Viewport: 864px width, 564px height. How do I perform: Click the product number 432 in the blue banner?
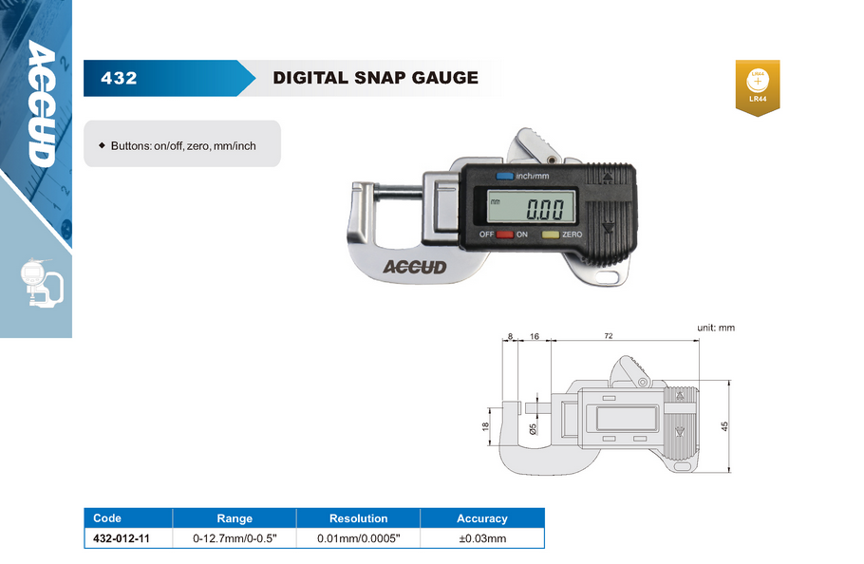[119, 78]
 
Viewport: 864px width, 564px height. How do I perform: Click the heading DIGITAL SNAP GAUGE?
[376, 78]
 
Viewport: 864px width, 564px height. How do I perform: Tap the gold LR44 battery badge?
[758, 87]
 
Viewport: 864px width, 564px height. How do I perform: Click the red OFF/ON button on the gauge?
[505, 235]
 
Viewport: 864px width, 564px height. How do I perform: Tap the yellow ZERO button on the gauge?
[551, 235]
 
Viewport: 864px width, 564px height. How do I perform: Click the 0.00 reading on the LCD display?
[545, 209]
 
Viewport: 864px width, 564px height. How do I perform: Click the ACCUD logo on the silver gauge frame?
[415, 267]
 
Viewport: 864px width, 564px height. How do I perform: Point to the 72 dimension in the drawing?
[609, 335]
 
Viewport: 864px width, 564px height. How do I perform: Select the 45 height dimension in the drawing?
[724, 425]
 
